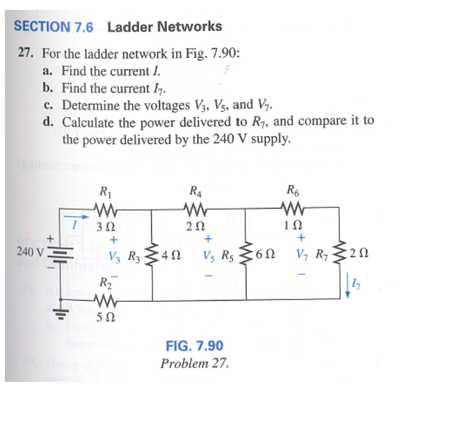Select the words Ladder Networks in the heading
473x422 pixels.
164,27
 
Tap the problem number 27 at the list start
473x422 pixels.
25,54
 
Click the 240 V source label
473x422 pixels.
31,252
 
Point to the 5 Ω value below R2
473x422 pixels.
106,319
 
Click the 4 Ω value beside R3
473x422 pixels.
173,254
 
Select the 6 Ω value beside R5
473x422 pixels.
267,254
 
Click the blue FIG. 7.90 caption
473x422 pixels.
195,345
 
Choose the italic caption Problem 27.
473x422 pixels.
195,363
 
